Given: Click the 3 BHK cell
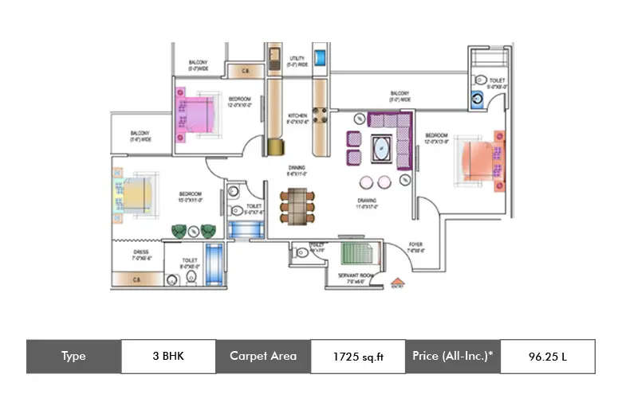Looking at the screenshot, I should (x=168, y=357).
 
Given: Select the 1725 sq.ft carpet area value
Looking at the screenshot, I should (x=358, y=357).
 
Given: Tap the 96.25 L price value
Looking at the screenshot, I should (x=547, y=357).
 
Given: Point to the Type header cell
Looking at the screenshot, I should (x=73, y=357).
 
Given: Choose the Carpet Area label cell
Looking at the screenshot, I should (x=263, y=357).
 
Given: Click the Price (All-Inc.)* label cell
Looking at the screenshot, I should (x=452, y=357).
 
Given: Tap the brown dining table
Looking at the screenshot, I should (x=297, y=205).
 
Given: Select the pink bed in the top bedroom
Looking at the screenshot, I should (x=197, y=112).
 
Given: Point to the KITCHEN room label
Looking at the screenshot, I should (x=297, y=119).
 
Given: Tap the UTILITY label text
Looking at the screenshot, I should (x=297, y=60).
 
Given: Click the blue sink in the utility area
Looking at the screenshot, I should (x=321, y=59).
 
